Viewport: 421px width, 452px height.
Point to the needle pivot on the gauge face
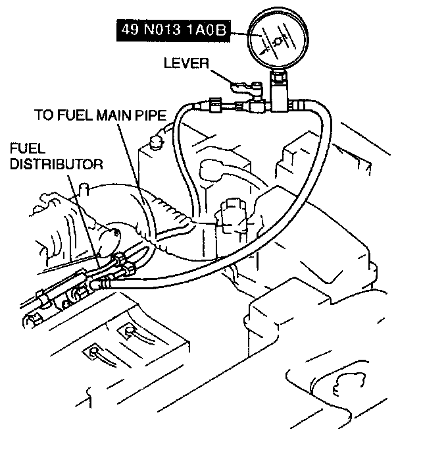pyautogui.click(x=279, y=41)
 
